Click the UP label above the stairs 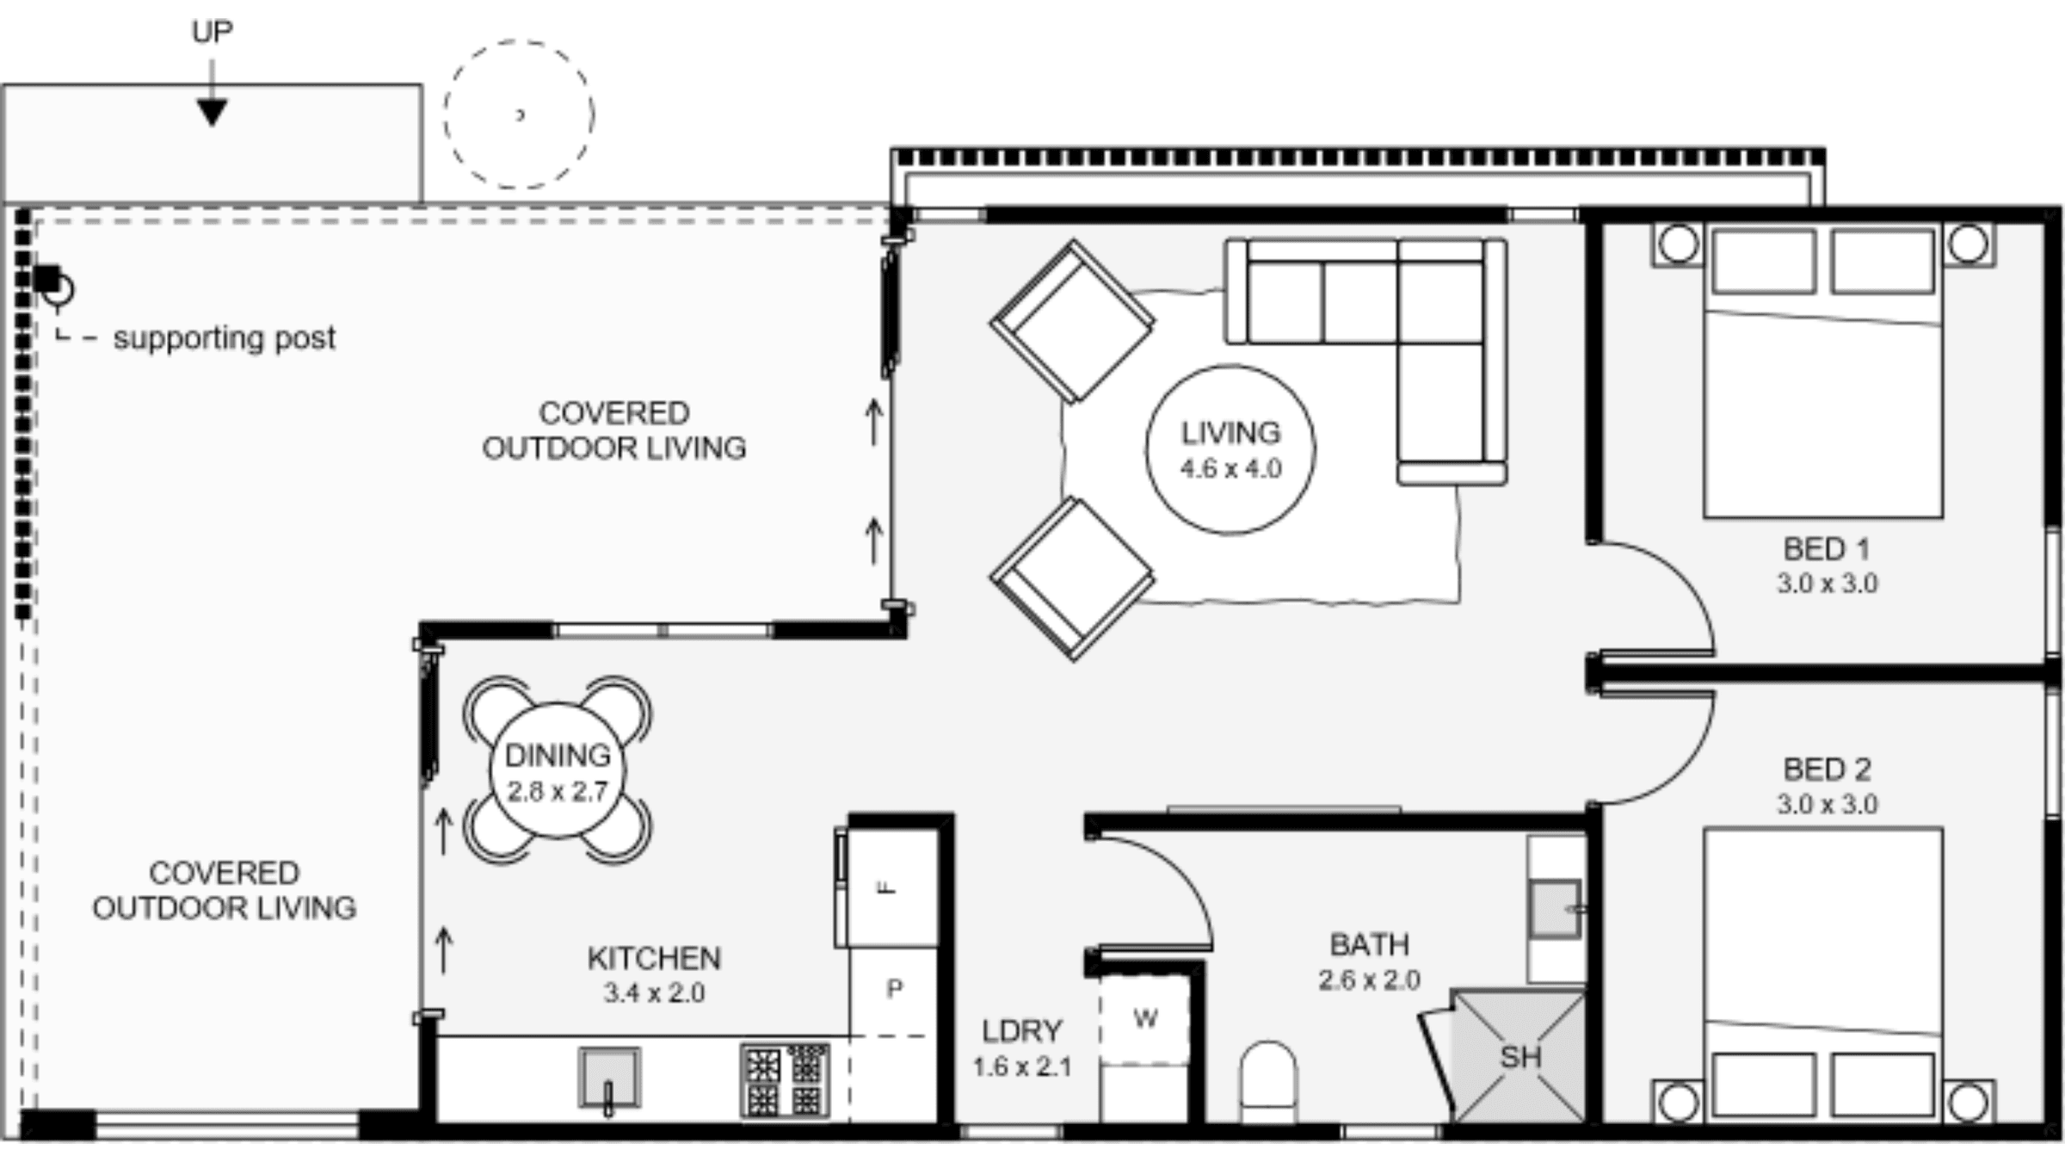[x=212, y=33]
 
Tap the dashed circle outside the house [x=519, y=114]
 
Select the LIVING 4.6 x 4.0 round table [x=1230, y=449]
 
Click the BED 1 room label [x=1826, y=549]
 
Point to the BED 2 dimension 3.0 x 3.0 [x=1827, y=804]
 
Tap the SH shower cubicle [x=1519, y=1057]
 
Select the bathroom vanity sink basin [x=1554, y=908]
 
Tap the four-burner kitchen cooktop [x=785, y=1081]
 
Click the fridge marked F [x=891, y=887]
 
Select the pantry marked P [x=894, y=990]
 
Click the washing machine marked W [x=1144, y=1019]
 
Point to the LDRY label [x=1021, y=1031]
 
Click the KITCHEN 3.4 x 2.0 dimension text [x=654, y=992]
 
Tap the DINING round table [x=558, y=770]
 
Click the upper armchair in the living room [x=1072, y=321]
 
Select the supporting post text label [x=224, y=337]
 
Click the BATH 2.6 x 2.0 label [x=1369, y=945]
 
